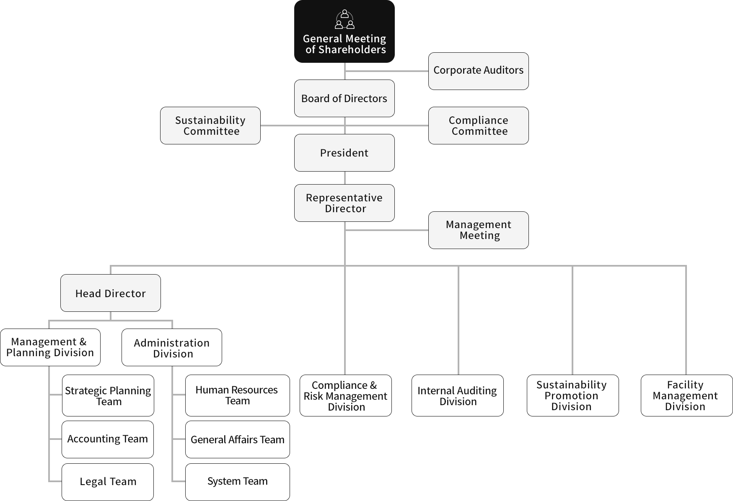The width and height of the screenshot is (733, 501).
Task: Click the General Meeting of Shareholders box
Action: [x=344, y=31]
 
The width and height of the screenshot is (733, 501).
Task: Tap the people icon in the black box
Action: [x=344, y=19]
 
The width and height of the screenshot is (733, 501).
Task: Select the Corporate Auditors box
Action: [x=478, y=71]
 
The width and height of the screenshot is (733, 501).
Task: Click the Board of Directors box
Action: [x=344, y=98]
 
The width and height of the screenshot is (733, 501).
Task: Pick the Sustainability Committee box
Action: [x=210, y=126]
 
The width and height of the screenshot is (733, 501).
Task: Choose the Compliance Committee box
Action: [x=478, y=126]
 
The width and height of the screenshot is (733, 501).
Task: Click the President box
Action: [x=344, y=153]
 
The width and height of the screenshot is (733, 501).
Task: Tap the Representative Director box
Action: [x=344, y=203]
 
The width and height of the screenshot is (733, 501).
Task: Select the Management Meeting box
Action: [x=478, y=230]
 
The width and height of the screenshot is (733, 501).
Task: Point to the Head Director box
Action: [x=110, y=293]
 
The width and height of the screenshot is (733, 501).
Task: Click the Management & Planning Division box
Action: [x=50, y=347]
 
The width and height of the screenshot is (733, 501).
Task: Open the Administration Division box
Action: [x=171, y=347]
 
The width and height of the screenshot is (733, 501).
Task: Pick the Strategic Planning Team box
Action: [x=108, y=396]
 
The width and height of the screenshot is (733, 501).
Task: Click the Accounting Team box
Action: [x=107, y=439]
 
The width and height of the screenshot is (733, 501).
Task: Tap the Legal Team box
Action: [x=107, y=482]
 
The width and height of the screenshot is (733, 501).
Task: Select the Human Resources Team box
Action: [x=237, y=396]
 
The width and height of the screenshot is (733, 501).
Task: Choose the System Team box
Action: [x=237, y=482]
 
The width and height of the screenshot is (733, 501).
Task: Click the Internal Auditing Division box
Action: [x=457, y=396]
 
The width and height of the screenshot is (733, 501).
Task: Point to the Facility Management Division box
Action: [x=686, y=396]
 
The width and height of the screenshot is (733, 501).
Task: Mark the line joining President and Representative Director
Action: [x=344, y=178]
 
